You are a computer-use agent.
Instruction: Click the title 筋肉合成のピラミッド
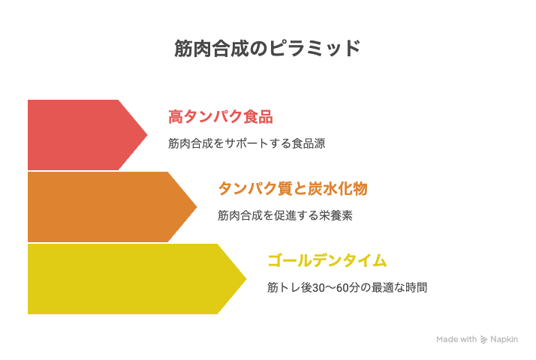point(267,48)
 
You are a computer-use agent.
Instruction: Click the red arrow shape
point(82,135)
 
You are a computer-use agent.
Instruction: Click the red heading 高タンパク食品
point(221,117)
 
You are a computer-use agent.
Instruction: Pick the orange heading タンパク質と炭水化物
point(293,188)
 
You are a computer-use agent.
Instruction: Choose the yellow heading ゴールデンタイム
point(327,260)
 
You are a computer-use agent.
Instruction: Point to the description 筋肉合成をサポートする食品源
point(246,143)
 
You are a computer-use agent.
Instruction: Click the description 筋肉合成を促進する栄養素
point(285,215)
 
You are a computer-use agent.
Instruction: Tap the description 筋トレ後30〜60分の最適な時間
point(348,287)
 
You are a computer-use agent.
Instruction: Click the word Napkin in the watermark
point(504,340)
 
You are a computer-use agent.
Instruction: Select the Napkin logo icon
point(483,340)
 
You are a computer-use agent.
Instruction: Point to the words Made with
point(456,339)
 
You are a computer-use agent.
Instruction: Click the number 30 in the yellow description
point(318,288)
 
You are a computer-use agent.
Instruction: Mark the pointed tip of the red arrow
point(147,135)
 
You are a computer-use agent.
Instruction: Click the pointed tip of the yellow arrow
point(246,279)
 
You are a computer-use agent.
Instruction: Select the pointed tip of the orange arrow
point(197,207)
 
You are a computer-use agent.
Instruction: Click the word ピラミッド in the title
point(315,48)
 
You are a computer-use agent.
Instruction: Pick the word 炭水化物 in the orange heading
point(338,188)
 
